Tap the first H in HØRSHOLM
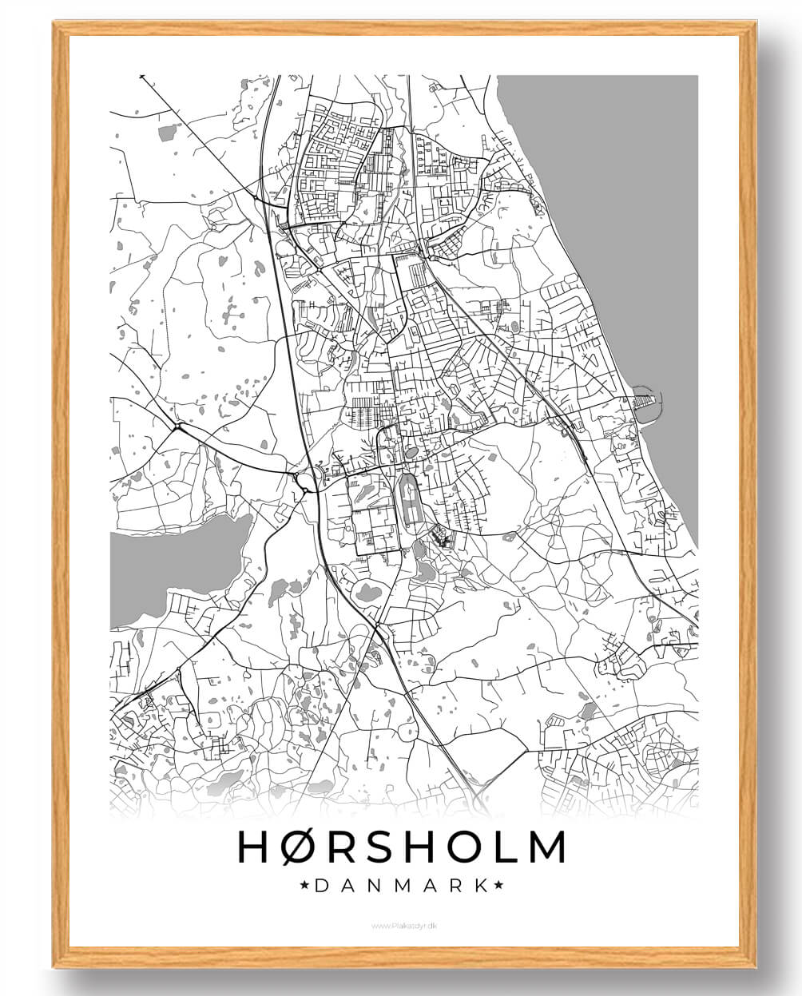tap(253, 847)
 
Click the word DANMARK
tap(402, 885)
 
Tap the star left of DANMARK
tap(304, 885)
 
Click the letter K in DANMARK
tap(480, 885)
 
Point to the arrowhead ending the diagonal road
tap(142, 77)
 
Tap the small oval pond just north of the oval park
tap(411, 453)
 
